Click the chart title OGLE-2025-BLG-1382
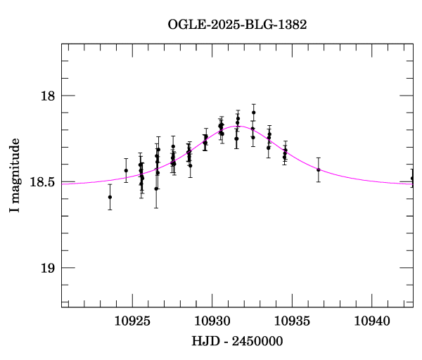point(237,25)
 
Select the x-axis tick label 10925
point(132,321)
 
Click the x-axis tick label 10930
point(212,321)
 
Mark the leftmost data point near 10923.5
point(110,197)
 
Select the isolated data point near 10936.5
point(318,169)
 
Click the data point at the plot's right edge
point(412,179)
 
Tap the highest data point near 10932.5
point(253,112)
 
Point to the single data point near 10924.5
point(126,170)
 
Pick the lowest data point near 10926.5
point(156,188)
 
